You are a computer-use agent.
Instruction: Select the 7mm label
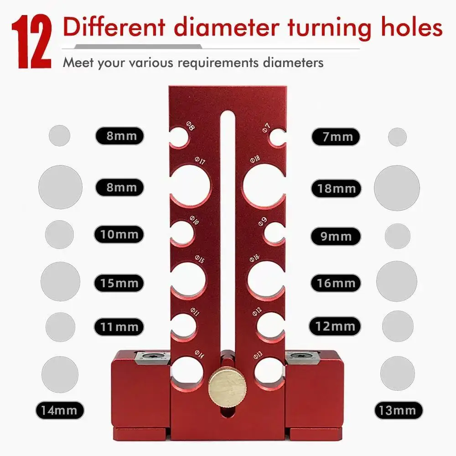point(336,136)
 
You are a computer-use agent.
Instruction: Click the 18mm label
point(336,188)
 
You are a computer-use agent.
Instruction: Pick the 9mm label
point(336,236)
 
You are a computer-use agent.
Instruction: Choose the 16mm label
point(336,283)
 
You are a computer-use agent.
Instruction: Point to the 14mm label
point(59,410)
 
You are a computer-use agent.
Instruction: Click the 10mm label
point(119,234)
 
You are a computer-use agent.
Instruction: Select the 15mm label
point(119,283)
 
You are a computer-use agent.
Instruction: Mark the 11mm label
point(119,326)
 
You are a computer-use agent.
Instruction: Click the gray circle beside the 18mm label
point(397,188)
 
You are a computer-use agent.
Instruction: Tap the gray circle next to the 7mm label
point(397,137)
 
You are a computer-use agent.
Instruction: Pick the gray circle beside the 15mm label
point(60,281)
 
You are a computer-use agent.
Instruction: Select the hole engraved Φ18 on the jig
point(263,185)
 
